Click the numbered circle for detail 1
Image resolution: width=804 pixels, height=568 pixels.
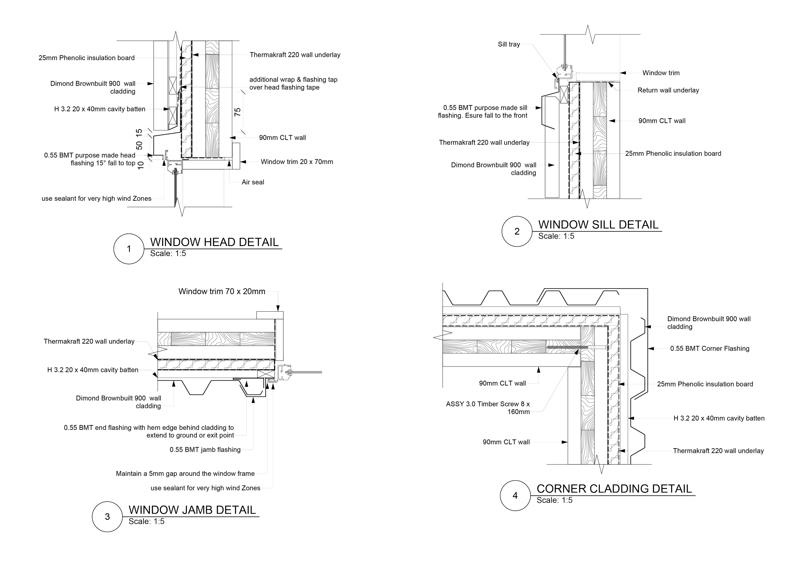point(129,249)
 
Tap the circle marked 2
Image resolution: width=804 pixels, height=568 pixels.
point(517,232)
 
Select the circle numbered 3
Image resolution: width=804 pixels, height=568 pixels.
point(107,517)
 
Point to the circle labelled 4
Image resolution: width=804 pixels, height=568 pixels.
point(515,496)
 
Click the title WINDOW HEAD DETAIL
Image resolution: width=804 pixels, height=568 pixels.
point(214,242)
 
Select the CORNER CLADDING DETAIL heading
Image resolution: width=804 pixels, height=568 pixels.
point(614,489)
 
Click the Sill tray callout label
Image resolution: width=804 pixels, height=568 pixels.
point(509,44)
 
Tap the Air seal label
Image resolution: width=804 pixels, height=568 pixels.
point(253,182)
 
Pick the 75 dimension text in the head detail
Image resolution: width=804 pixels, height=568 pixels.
point(237,112)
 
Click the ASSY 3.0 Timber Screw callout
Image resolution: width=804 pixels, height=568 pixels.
point(488,408)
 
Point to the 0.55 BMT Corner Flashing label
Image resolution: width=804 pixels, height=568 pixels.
point(710,349)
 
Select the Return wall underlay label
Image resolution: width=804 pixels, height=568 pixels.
point(668,90)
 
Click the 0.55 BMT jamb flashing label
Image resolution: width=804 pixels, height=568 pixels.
point(205,450)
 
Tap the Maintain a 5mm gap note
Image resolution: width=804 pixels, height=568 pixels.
point(185,474)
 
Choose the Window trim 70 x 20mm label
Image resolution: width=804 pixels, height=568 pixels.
point(222,291)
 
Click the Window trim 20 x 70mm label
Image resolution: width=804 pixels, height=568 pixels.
point(297,162)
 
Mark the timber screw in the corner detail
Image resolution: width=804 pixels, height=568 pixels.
point(564,347)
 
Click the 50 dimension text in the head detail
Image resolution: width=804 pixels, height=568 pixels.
point(139,145)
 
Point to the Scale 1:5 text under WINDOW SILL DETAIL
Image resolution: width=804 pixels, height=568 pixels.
point(556,236)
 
